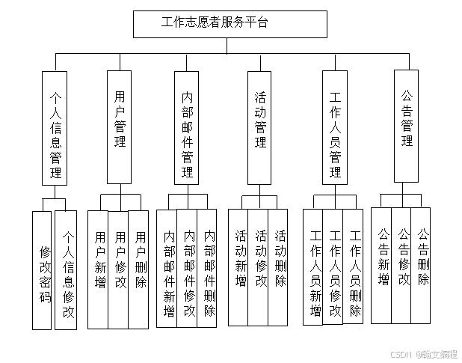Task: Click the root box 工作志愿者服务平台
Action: (230, 23)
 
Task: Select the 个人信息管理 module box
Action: (55, 127)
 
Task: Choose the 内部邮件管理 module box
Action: (187, 127)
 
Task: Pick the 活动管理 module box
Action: (260, 126)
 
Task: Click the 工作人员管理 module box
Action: (335, 127)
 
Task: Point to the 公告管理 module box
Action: (407, 125)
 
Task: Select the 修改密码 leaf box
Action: (43, 270)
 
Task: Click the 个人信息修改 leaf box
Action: (66, 270)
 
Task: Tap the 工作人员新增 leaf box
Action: (313, 267)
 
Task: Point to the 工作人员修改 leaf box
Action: (333, 267)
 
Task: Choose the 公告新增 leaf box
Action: (381, 265)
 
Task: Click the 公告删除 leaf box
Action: (422, 265)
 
